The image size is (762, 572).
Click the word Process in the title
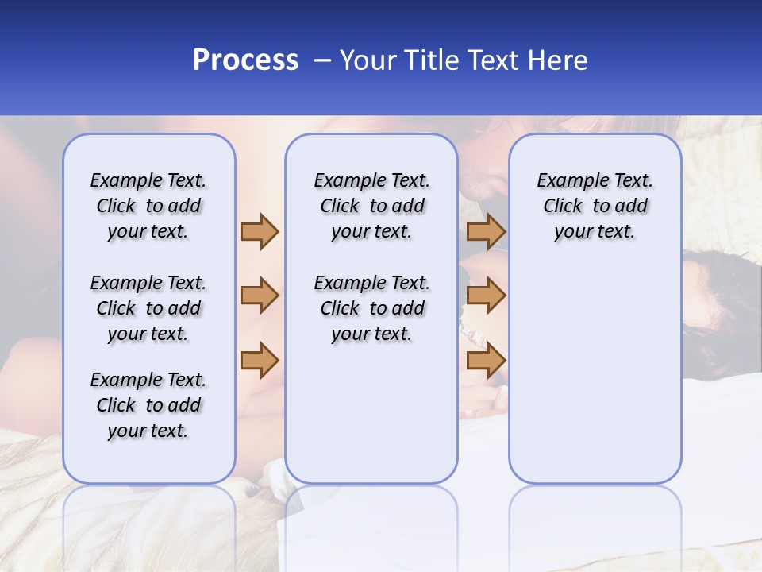[x=245, y=60]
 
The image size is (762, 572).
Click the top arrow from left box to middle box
[x=260, y=231]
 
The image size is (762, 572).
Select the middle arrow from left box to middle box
[x=260, y=296]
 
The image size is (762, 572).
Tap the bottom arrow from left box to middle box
[x=260, y=360]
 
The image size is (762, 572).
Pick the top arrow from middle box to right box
[x=486, y=231]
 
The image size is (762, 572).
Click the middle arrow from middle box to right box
[x=486, y=296]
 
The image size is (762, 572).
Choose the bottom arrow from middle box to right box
[x=486, y=360]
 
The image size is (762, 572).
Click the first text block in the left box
[x=148, y=206]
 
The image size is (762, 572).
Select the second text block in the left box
[x=148, y=308]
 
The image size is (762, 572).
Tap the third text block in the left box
[x=148, y=405]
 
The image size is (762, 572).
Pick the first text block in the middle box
[x=371, y=206]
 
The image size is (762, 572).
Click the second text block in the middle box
[x=371, y=308]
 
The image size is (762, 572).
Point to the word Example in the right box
[x=565, y=181]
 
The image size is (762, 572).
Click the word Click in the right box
[x=563, y=207]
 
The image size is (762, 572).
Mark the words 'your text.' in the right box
[x=595, y=232]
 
